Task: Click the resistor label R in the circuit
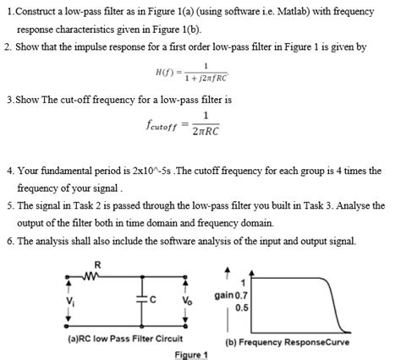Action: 97,265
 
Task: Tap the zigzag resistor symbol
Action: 96,275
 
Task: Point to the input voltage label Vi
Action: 72,300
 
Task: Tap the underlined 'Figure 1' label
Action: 190,354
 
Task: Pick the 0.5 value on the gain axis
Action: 242,309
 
